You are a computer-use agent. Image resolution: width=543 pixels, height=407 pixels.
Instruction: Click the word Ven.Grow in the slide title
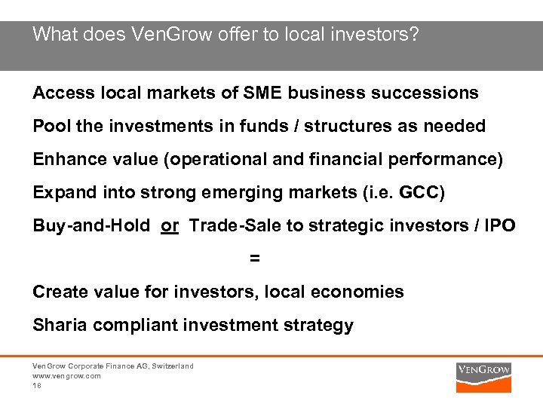coord(162,35)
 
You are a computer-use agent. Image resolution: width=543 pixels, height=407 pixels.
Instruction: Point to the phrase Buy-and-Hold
coord(91,225)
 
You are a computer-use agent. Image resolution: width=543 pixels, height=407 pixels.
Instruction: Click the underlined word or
coord(170,225)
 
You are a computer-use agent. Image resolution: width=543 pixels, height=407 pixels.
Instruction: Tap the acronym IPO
coord(500,225)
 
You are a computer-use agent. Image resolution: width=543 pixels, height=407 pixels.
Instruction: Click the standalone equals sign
coord(255,259)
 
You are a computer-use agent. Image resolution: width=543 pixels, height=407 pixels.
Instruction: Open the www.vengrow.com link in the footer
coord(66,375)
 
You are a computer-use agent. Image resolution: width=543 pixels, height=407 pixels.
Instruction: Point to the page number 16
coord(37,384)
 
